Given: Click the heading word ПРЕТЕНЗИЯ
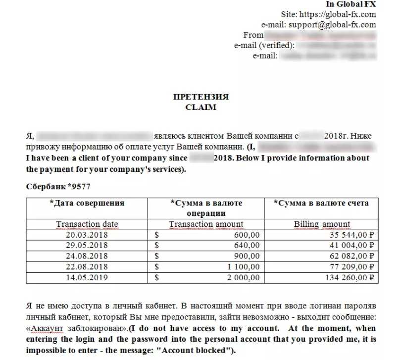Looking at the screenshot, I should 200,97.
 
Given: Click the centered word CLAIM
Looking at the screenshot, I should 200,106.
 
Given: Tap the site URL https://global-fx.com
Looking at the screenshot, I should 342,14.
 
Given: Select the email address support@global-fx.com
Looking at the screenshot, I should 332,25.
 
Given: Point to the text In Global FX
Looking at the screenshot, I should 350,4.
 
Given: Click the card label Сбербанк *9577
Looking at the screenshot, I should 58,187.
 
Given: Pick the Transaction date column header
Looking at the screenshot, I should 87,224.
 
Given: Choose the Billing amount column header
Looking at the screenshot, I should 322,224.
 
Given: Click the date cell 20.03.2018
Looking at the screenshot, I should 87,235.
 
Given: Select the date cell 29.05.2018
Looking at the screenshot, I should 87,245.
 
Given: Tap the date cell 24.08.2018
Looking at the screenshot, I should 87,256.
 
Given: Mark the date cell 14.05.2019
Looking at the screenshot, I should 87,278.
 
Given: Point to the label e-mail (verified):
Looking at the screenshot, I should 264,46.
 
